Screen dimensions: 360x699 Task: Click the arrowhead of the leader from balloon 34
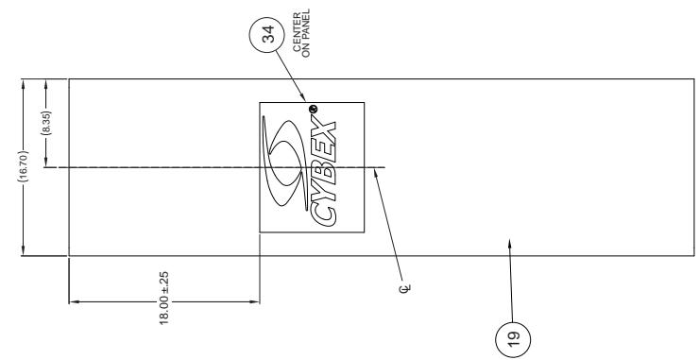tap(304, 100)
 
